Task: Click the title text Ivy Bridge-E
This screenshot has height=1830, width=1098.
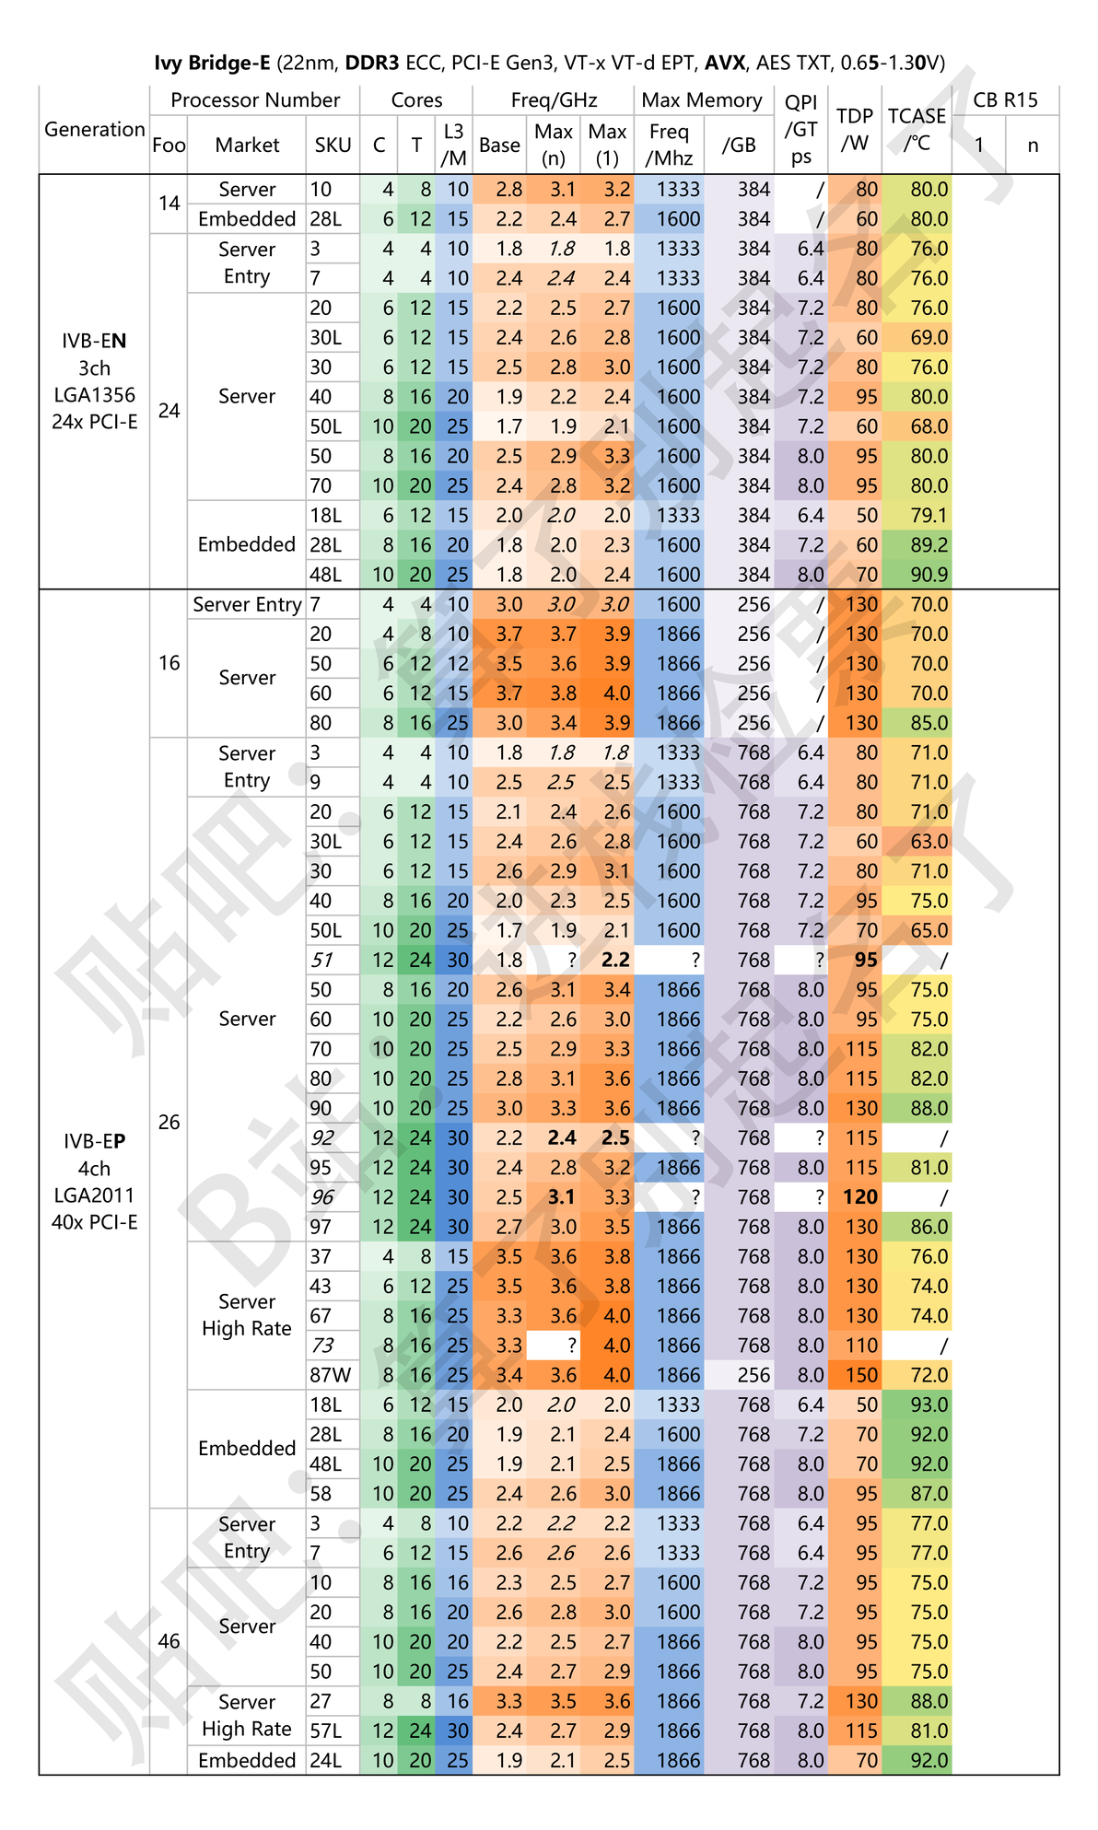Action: pos(212,63)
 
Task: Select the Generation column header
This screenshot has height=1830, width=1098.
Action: pos(94,129)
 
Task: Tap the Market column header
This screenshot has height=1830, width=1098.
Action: pos(247,145)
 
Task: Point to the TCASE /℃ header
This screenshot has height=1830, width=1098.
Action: pos(917,129)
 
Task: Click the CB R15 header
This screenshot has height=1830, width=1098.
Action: pos(1005,99)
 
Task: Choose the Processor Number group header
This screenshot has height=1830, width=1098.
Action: pos(255,99)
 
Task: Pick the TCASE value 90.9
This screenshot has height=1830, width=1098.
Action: pos(929,575)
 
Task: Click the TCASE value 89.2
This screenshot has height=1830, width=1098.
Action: pos(929,545)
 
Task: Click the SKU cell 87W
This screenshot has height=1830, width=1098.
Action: pos(331,1375)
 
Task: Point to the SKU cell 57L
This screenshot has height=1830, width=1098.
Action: pos(326,1731)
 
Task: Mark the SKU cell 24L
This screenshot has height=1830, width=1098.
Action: pos(326,1761)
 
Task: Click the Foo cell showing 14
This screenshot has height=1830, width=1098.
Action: pos(169,204)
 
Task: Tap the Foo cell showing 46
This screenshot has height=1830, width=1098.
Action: pos(169,1641)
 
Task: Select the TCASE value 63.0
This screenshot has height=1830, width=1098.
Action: pos(929,842)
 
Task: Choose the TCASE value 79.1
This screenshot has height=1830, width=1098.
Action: pos(929,516)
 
